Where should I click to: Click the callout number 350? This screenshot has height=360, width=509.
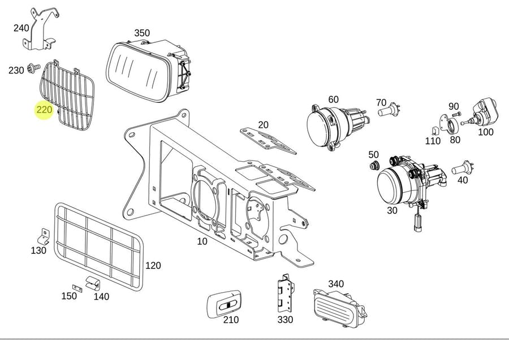142,33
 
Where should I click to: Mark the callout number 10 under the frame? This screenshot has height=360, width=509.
202,241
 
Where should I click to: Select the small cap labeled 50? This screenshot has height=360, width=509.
373,165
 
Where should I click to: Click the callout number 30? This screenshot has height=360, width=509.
392,210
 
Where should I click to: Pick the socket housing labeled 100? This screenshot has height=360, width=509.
483,112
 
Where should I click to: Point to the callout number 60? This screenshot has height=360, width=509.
333,100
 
